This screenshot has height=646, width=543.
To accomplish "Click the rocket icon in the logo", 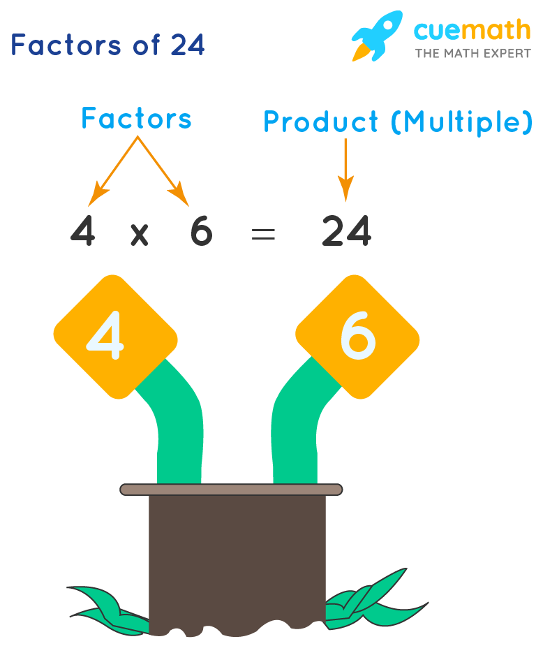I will click(x=378, y=35).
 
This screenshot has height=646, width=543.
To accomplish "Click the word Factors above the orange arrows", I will click(x=136, y=119).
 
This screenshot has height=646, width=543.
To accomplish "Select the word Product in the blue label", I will click(x=320, y=123).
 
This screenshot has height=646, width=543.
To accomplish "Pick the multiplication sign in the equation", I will click(x=140, y=233).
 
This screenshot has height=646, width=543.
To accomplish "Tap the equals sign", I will click(x=263, y=234).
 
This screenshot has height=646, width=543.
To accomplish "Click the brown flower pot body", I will click(x=237, y=559).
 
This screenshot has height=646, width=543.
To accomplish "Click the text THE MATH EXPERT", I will click(x=473, y=53).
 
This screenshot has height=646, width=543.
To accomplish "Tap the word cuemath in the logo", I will click(x=472, y=30).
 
